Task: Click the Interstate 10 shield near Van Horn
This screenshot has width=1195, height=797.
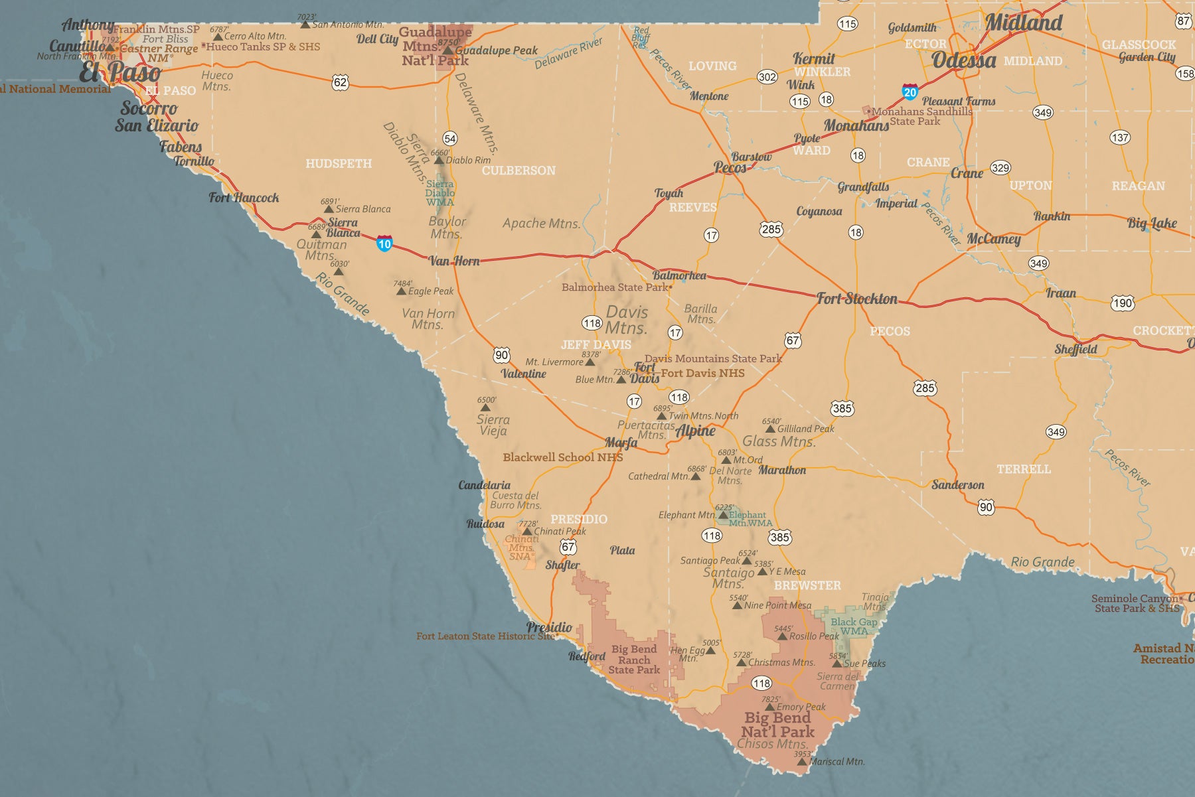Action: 384,243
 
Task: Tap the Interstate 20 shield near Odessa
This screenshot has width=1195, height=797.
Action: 910,92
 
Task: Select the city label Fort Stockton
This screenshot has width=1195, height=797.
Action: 856,299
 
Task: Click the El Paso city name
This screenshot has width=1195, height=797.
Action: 119,72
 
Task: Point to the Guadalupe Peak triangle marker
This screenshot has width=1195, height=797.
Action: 448,50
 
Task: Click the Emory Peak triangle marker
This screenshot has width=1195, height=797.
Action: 769,707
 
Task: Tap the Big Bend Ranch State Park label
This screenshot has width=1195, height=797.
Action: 634,659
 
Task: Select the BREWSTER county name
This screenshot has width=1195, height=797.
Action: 807,585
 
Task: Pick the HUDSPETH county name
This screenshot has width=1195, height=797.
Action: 339,163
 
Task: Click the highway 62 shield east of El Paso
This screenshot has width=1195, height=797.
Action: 340,82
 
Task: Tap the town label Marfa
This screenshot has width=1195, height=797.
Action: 621,443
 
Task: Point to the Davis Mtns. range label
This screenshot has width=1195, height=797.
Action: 626,319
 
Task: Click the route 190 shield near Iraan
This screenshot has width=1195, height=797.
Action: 1123,303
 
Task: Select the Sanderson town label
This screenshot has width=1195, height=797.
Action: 957,484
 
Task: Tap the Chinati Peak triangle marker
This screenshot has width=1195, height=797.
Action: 527,531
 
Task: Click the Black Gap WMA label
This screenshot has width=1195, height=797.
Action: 853,626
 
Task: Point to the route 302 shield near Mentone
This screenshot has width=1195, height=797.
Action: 767,77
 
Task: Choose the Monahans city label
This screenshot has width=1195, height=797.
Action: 856,125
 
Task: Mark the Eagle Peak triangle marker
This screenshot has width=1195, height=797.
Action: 401,291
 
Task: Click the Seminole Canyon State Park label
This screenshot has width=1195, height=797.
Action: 1135,603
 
